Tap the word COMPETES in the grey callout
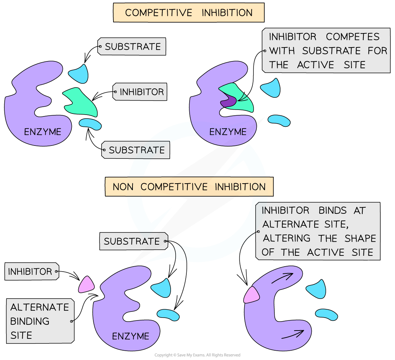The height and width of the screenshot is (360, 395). tap(353, 37)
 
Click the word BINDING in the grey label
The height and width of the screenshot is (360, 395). tap(30, 321)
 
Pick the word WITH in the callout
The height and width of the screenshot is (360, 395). tap(282, 51)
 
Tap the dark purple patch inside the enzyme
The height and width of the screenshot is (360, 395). tap(228, 102)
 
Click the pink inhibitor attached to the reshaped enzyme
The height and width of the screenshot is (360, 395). tap(251, 295)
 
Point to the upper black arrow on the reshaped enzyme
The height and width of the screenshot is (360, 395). tap(282, 278)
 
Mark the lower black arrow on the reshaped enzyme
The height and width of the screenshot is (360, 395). tap(292, 334)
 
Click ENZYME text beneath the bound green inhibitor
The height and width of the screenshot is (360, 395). tap(228, 132)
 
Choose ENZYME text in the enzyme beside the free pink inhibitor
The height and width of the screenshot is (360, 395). tap(130, 336)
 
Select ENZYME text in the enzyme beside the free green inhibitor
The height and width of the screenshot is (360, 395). tap(42, 132)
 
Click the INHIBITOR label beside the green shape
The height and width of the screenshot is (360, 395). tap(141, 92)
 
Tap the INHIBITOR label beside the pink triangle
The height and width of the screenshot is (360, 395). tap(30, 272)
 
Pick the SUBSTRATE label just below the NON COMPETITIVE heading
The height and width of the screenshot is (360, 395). tap(131, 241)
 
